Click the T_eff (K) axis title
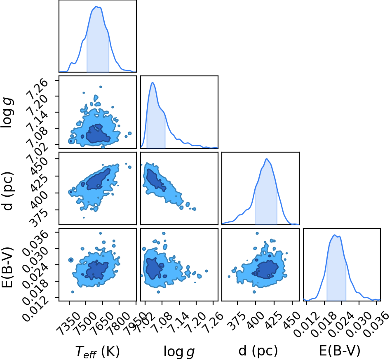tap(98, 351)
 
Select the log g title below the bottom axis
tap(179, 352)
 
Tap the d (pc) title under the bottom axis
tap(258, 351)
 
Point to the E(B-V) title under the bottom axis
tap(340, 351)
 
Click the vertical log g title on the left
tap(7, 113)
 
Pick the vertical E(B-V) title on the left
tap(7, 267)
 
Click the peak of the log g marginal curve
tap(153, 82)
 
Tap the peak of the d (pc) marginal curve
tap(267, 159)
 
